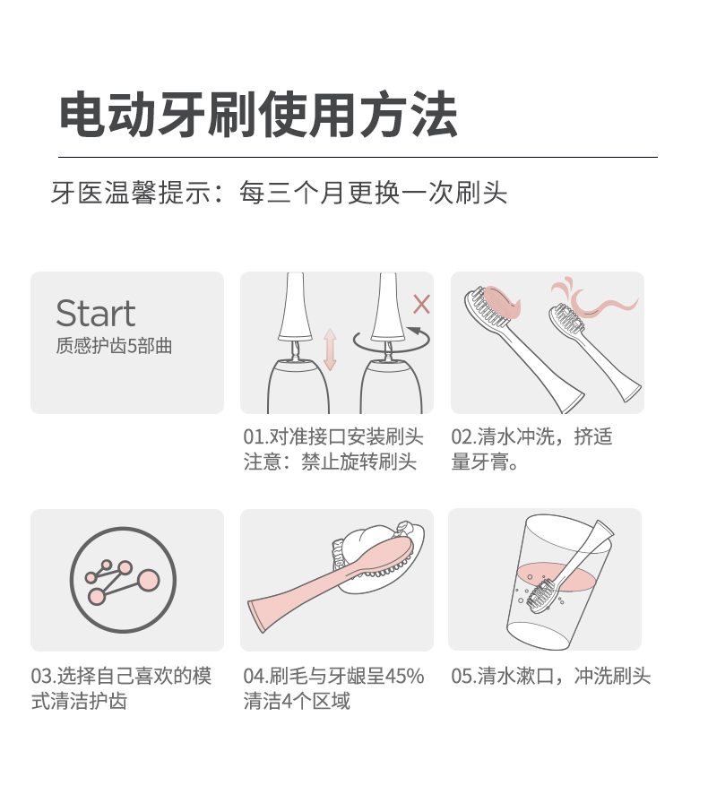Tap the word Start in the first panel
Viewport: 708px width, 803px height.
[x=96, y=313]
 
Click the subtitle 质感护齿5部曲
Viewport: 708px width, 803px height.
[x=114, y=346]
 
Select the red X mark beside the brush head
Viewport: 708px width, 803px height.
[x=421, y=304]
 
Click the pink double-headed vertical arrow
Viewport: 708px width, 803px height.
[x=330, y=350]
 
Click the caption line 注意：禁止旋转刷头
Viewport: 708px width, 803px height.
[x=330, y=462]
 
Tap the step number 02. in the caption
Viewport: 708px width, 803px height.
[x=463, y=436]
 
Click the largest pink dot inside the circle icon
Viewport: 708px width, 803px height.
[x=149, y=580]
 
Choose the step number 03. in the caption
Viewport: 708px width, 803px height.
[x=44, y=676]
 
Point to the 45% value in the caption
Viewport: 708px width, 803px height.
[x=404, y=676]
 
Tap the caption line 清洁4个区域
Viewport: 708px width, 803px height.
[x=297, y=701]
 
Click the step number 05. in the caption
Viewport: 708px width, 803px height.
[x=463, y=676]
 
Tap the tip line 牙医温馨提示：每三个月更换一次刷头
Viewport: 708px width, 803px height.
[x=280, y=193]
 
